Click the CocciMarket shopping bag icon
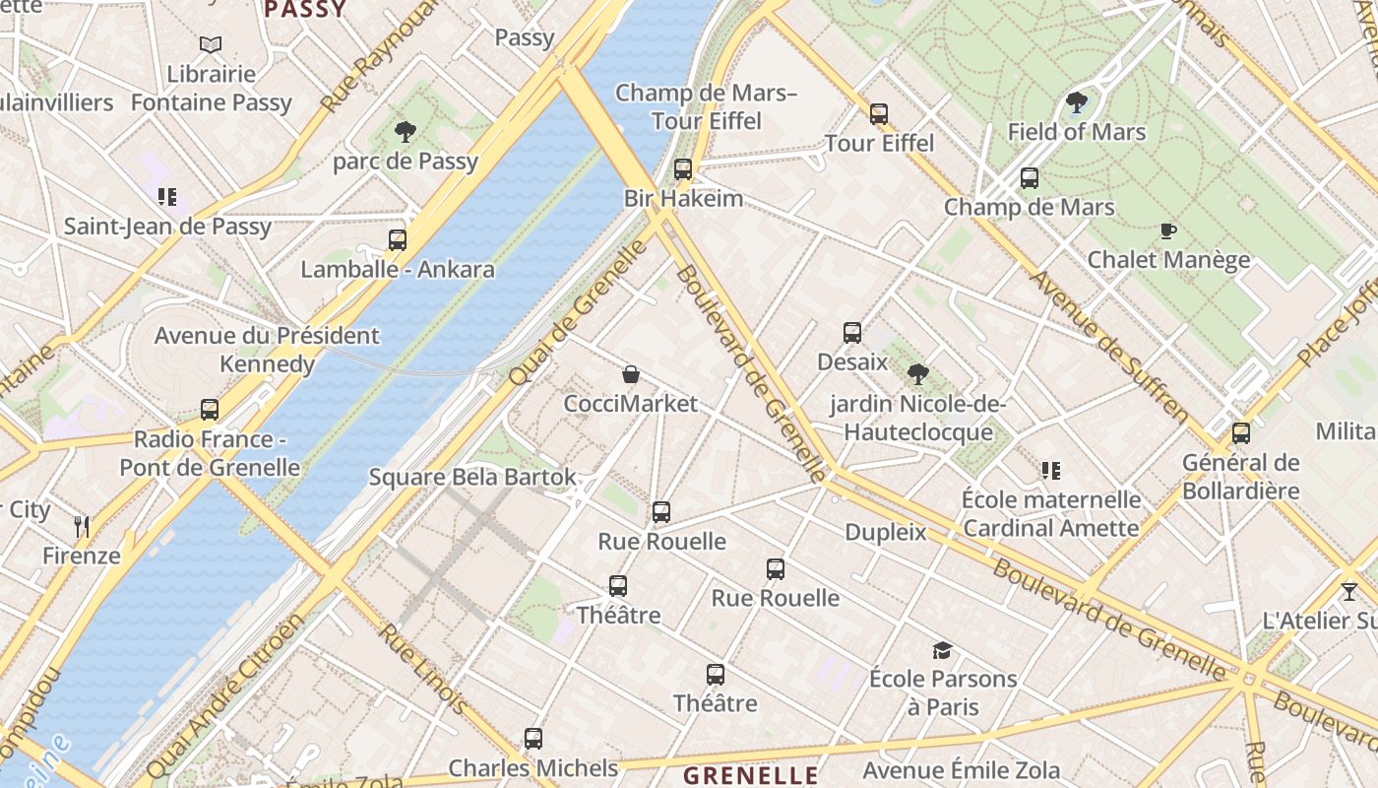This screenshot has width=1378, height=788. pyautogui.click(x=631, y=374)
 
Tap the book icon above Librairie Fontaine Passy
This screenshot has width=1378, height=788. pyautogui.click(x=211, y=44)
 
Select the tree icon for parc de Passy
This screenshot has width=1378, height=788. pyautogui.click(x=405, y=132)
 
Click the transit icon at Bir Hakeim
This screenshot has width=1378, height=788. pyautogui.click(x=683, y=169)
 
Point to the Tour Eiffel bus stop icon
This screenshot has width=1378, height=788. pyautogui.click(x=879, y=114)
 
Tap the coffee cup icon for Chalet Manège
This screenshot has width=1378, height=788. pyautogui.click(x=1168, y=231)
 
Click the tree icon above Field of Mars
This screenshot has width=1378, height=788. pyautogui.click(x=1077, y=102)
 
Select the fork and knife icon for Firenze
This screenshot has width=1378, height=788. pyautogui.click(x=82, y=527)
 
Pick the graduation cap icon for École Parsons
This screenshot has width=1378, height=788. pyautogui.click(x=943, y=650)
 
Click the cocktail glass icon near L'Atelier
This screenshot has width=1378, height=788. pyautogui.click(x=1349, y=592)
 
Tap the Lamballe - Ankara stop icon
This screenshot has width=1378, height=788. pyautogui.click(x=398, y=240)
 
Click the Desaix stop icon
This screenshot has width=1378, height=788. pyautogui.click(x=852, y=333)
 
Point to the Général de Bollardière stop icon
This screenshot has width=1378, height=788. pyautogui.click(x=1241, y=433)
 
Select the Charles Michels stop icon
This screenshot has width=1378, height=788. pyautogui.click(x=533, y=739)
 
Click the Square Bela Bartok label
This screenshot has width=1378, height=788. pyautogui.click(x=472, y=478)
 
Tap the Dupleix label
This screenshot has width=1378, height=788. pyautogui.click(x=886, y=533)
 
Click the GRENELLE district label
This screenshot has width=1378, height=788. pyautogui.click(x=751, y=775)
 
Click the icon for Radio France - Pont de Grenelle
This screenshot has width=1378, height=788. pyautogui.click(x=210, y=410)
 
